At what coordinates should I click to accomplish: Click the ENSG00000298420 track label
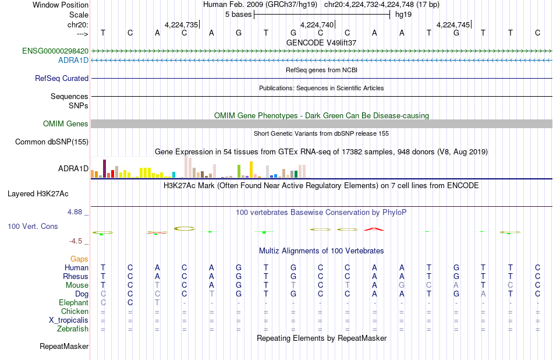pos(55,51)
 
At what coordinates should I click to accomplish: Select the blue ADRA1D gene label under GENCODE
pos(73,61)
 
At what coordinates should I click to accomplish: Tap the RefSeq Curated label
pos(62,79)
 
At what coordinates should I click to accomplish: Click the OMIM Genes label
pos(66,124)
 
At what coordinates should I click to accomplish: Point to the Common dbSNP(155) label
pos(52,142)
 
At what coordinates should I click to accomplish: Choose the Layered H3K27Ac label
pos(38,194)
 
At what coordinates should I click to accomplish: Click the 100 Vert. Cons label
pos(33,226)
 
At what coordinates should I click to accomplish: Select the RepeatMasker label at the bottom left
pos(64,347)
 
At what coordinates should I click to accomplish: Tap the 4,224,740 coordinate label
pos(317,24)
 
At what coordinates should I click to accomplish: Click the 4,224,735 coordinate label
pos(181,24)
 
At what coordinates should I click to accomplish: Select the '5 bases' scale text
pos(239,15)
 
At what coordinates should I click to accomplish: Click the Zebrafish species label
pos(73,329)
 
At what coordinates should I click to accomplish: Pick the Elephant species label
pos(74,303)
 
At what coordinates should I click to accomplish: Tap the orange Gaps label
pos(79,259)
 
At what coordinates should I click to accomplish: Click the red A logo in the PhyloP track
pos(374,229)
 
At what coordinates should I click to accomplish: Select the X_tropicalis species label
pos(69,320)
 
